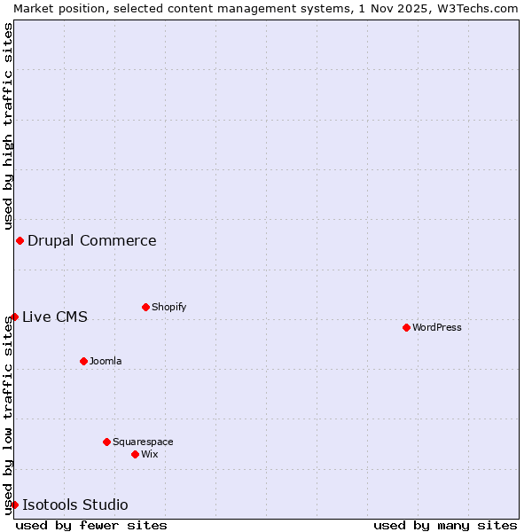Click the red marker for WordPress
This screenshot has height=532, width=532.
coord(406,327)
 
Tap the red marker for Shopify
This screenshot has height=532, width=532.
coord(145,307)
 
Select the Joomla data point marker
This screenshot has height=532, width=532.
coord(83,361)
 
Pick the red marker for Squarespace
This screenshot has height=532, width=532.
coord(106,442)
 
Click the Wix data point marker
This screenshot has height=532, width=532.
coord(135,454)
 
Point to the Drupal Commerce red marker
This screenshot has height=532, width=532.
coord(20,240)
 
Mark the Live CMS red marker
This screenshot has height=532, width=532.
coord(14,317)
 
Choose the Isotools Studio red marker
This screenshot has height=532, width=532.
coord(14,505)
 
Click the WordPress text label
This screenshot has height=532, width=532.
coord(437,327)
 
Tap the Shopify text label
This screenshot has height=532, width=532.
coord(169,307)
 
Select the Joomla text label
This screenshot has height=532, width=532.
coord(106,361)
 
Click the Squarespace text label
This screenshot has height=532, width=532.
coord(143,442)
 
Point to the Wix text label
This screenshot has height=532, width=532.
coord(150,454)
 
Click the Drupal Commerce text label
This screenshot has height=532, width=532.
coord(92,240)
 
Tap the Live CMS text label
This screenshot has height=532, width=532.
coord(55,317)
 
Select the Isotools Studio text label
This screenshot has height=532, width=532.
coord(75,505)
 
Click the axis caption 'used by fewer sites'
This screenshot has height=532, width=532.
coord(91,525)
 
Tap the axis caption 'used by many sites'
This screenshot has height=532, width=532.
coord(445,525)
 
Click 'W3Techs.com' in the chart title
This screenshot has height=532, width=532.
coord(483,8)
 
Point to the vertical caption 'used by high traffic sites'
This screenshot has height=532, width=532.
coord(8,126)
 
